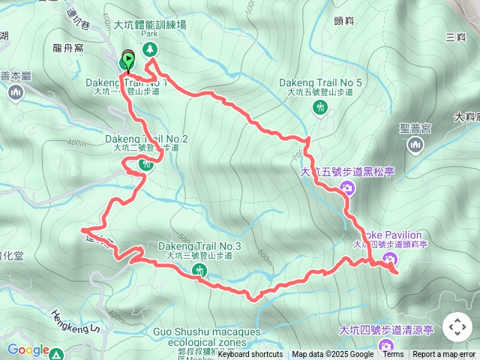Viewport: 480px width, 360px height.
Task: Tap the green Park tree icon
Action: pos(150,49)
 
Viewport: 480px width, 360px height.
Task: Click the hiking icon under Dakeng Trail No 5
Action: pos(321,107)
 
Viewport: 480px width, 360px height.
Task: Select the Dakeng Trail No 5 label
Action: pos(320,82)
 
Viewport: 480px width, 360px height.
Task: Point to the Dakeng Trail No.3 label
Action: pos(199,246)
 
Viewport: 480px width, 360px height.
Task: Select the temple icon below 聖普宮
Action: pos(415,145)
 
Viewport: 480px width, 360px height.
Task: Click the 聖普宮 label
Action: pos(415,129)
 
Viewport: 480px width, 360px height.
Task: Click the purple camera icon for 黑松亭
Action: pos(346,187)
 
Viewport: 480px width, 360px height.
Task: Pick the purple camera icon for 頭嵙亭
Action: pos(389,259)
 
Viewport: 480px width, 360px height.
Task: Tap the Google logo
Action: pos(28,350)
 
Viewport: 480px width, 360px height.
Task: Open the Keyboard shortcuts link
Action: pos(250,355)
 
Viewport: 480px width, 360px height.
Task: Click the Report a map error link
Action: pos(444,355)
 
